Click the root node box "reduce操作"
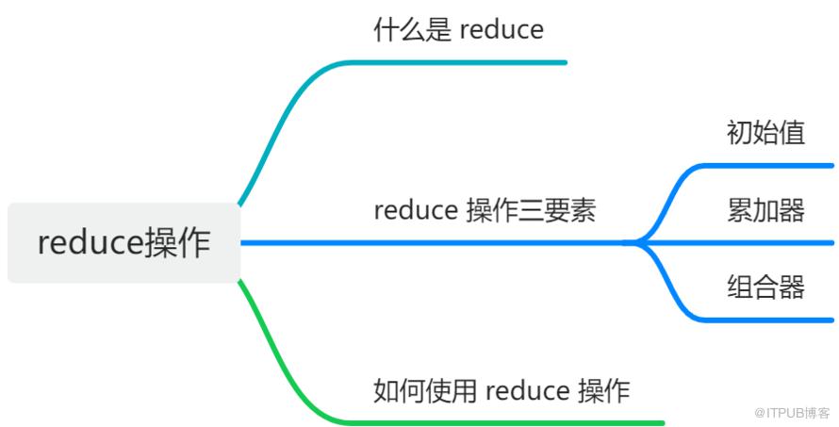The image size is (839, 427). (x=124, y=242)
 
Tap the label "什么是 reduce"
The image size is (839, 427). (x=458, y=29)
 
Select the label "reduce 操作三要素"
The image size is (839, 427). (x=485, y=210)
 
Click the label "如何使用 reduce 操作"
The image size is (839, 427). (x=502, y=390)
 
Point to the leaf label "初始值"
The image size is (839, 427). (x=765, y=133)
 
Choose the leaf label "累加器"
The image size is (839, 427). (x=765, y=210)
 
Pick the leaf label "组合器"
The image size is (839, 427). (x=765, y=287)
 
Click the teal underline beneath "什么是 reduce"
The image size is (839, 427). (x=459, y=62)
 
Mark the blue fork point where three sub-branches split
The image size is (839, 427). (x=636, y=243)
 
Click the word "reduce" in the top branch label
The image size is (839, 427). (x=502, y=30)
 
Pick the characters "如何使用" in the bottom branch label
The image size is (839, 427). (x=425, y=390)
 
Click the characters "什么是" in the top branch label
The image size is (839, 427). (x=412, y=29)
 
